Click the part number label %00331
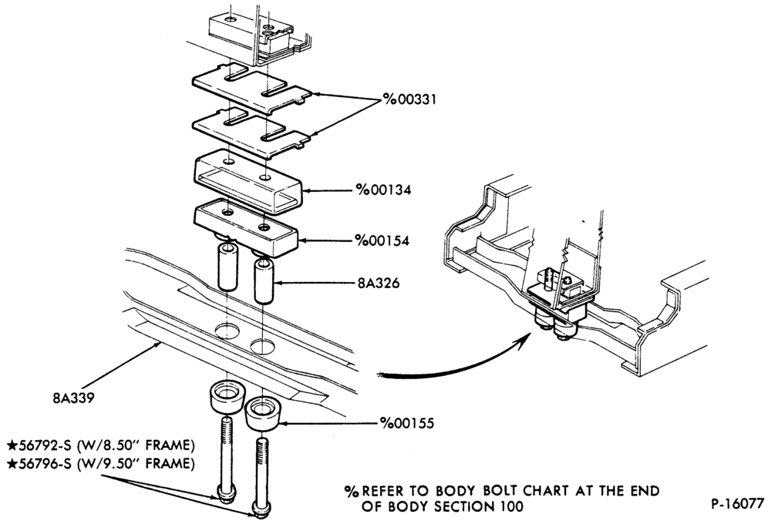[410, 99]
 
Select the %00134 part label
[384, 190]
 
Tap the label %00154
[382, 241]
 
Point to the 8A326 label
[379, 283]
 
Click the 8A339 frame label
[73, 397]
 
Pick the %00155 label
[406, 423]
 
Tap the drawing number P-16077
[738, 503]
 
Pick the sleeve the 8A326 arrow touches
[264, 282]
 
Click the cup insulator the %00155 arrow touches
[264, 416]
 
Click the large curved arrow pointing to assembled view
[457, 364]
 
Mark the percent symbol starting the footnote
[351, 491]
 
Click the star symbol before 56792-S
[12, 445]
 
